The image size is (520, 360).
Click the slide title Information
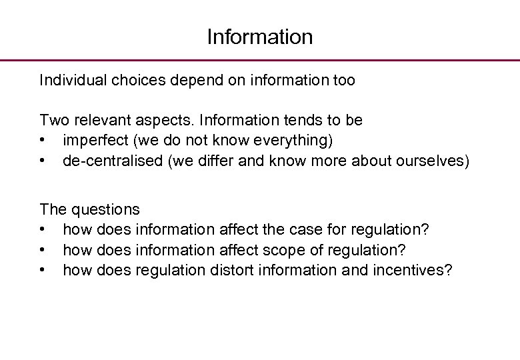(x=259, y=37)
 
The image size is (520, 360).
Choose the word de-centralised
(x=113, y=161)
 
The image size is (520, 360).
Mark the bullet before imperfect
(x=43, y=141)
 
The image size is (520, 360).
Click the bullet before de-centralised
(x=43, y=161)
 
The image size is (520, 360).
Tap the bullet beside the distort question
(x=43, y=270)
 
